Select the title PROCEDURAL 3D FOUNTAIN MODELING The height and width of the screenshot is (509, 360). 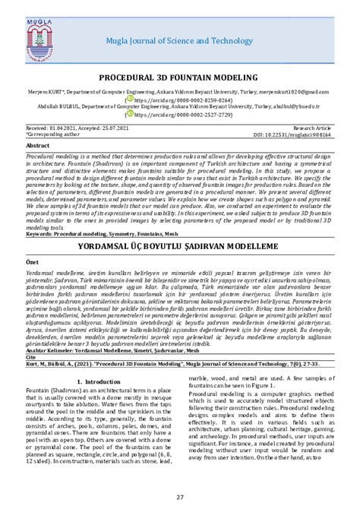click(180, 77)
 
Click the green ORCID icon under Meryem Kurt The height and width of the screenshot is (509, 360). click(130, 99)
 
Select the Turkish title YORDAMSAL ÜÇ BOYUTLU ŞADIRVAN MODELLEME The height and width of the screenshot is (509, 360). click(180, 226)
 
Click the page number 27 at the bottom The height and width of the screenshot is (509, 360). click(180, 497)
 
